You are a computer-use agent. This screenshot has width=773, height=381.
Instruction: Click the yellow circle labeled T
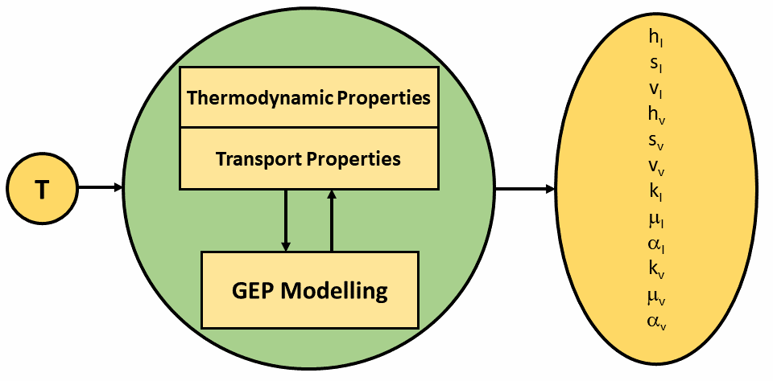click(x=42, y=189)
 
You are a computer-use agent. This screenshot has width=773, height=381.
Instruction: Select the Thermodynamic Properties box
click(x=308, y=97)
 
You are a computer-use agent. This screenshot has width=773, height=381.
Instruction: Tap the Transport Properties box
click(x=308, y=158)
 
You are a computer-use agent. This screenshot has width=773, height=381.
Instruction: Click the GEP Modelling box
click(x=309, y=290)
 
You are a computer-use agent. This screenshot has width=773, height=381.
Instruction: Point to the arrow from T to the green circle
click(x=101, y=187)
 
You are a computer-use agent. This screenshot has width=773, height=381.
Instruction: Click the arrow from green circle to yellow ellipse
click(x=525, y=189)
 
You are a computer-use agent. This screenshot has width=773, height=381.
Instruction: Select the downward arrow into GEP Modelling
click(x=285, y=220)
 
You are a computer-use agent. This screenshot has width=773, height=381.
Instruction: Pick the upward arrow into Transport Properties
click(x=332, y=220)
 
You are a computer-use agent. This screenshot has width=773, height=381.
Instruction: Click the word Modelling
click(x=333, y=291)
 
